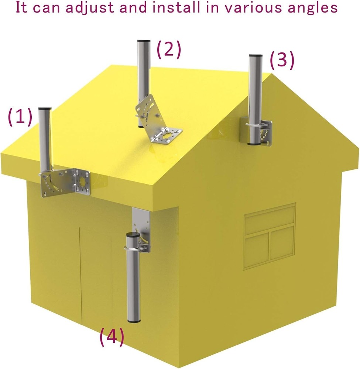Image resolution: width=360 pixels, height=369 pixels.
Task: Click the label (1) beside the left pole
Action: (20, 118)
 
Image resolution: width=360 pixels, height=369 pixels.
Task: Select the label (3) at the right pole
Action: (282, 61)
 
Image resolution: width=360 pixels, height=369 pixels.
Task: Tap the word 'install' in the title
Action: (189, 8)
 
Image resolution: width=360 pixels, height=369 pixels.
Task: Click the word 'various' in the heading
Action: (257, 8)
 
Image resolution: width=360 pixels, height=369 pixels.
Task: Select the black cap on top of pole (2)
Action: (142, 41)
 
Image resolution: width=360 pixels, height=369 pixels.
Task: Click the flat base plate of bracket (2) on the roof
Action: (167, 135)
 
